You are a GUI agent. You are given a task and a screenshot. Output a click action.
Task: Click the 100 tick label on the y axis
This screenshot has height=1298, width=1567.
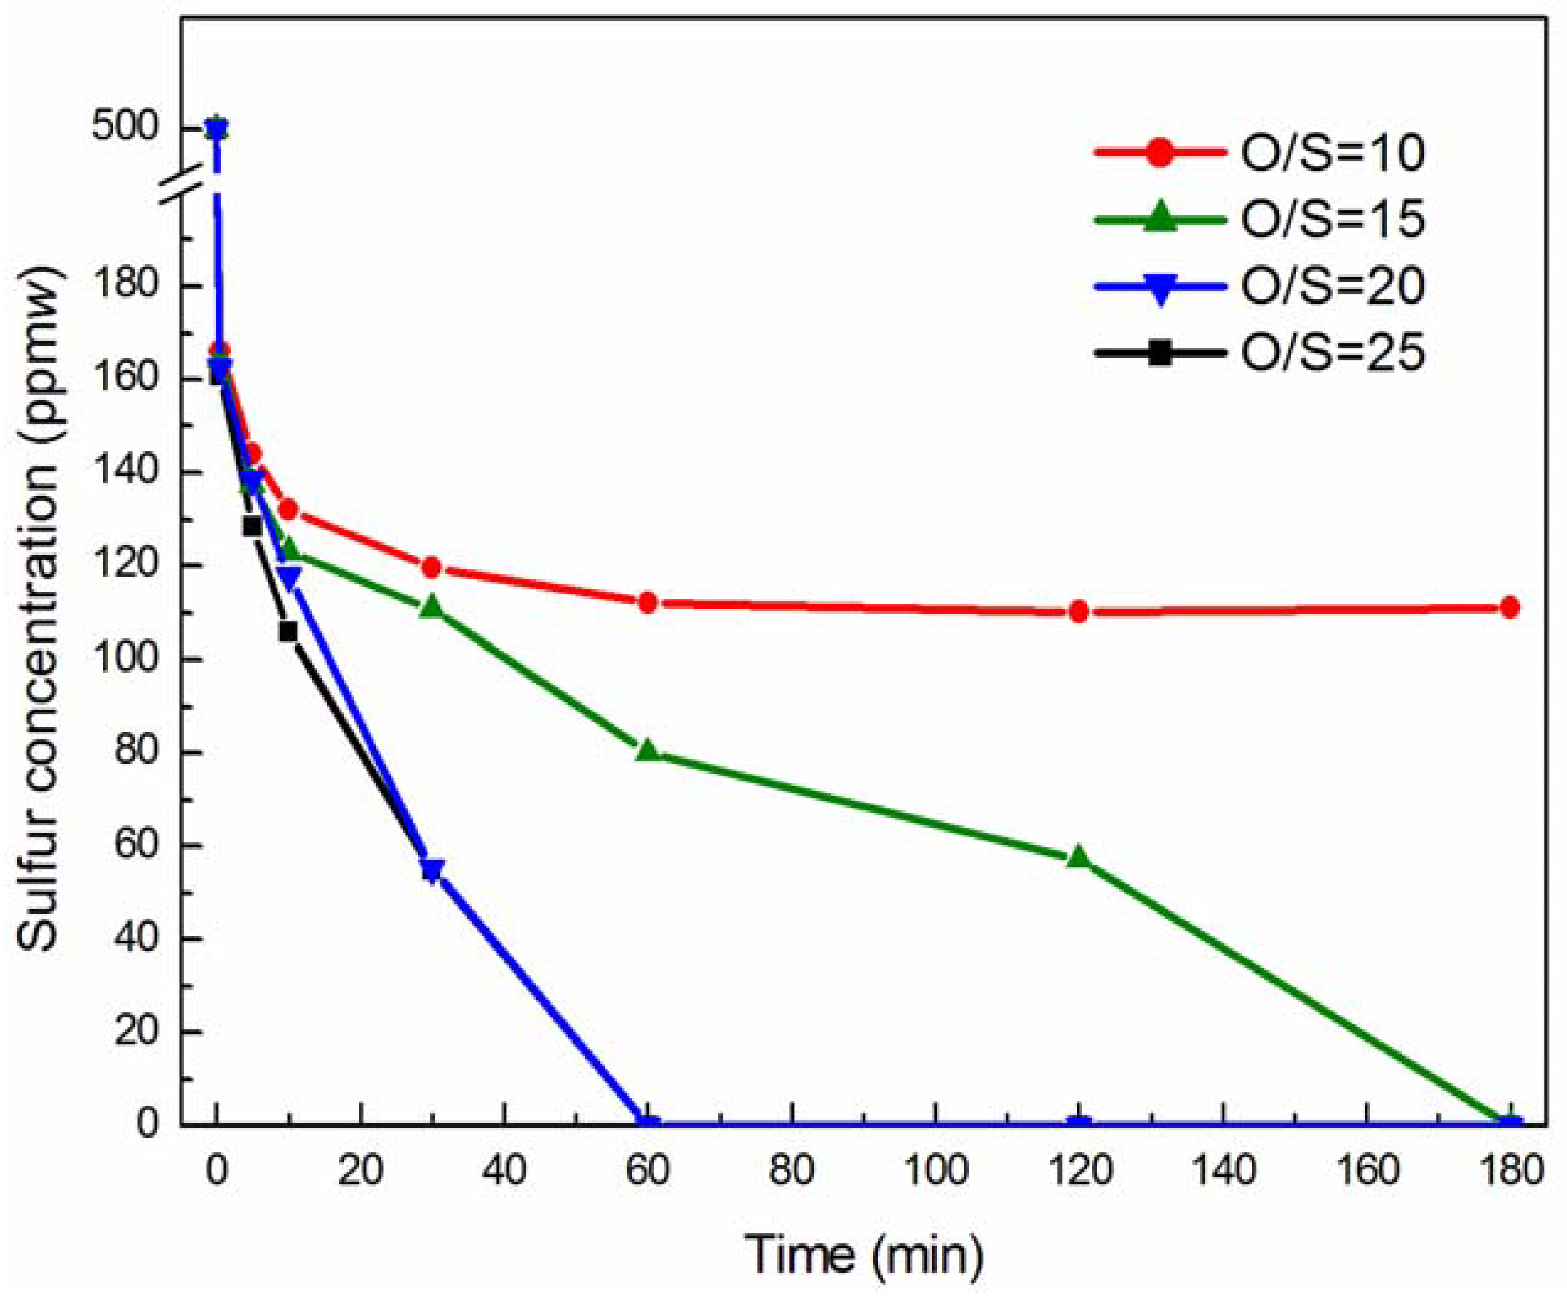point(137,659)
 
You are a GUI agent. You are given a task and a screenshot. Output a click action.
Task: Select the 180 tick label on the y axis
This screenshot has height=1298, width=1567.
point(137,287)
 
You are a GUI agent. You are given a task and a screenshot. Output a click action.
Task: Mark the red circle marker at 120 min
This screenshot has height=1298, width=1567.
point(1078,612)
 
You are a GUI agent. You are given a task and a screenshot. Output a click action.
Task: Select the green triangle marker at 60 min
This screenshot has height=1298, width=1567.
point(648,750)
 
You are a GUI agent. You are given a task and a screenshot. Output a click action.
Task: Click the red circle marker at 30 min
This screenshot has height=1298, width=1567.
point(431,568)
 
